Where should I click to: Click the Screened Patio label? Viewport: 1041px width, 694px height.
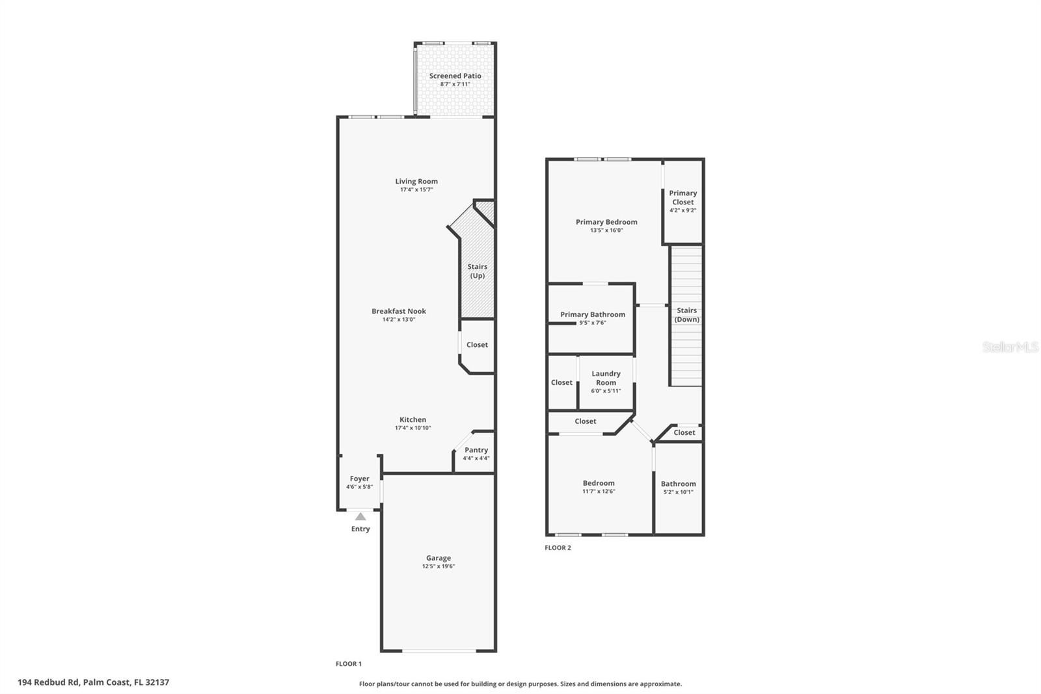[455, 76]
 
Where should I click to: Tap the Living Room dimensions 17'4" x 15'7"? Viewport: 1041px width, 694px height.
[416, 190]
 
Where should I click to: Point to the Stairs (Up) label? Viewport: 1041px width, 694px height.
[477, 271]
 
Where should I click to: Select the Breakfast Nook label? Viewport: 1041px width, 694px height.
[399, 311]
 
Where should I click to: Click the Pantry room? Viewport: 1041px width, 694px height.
[476, 453]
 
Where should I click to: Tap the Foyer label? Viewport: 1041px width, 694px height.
[359, 479]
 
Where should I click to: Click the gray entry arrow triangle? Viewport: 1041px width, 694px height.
[360, 516]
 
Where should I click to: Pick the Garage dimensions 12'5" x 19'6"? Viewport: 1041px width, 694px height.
[438, 566]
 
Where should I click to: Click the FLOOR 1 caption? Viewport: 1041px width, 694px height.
[348, 664]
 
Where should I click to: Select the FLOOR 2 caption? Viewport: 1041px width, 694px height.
[558, 548]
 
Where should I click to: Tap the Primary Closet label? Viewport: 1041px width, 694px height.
[683, 197]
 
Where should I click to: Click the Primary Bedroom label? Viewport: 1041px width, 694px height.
[606, 222]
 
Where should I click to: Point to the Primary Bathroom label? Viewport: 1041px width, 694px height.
[593, 314]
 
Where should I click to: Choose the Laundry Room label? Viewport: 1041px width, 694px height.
[606, 378]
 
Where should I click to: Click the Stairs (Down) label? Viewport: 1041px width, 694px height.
[686, 314]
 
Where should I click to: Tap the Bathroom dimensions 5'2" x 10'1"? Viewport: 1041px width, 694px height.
[678, 492]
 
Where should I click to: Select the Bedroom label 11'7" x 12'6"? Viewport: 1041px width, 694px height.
[598, 483]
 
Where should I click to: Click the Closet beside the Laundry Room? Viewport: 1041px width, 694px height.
[561, 383]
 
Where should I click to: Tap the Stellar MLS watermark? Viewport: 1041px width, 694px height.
[1010, 347]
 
